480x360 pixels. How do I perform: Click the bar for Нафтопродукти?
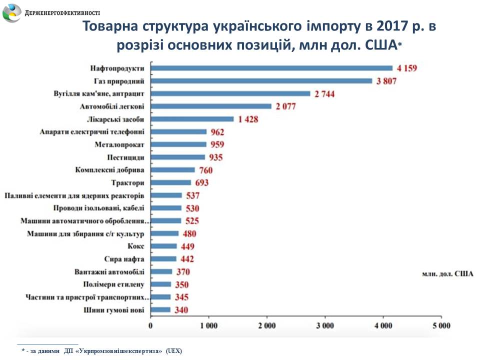click(x=272, y=68)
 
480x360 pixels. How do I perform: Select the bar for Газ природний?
click(x=261, y=80)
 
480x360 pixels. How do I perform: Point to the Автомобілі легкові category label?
click(x=112, y=106)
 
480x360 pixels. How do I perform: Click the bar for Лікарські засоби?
click(x=192, y=119)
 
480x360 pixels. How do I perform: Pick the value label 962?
click(x=217, y=132)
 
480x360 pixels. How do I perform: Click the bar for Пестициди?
click(x=178, y=157)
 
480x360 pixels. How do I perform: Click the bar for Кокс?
click(x=164, y=246)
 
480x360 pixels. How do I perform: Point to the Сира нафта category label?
click(x=124, y=259)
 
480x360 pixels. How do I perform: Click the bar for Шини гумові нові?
click(x=161, y=310)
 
